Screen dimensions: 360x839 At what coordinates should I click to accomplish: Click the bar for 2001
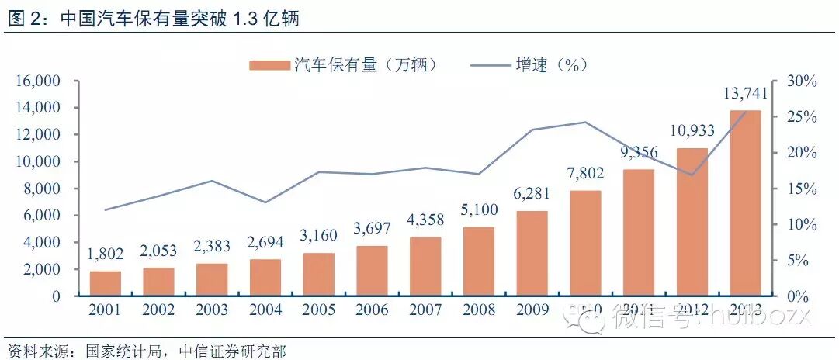pos(105,284)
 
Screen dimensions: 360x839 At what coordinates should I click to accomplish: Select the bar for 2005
pos(319,275)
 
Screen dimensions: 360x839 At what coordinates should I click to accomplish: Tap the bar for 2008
pos(479,261)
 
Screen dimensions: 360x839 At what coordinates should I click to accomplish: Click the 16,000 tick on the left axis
pos(38,81)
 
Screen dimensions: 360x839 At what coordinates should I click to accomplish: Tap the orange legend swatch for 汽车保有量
pos(269,65)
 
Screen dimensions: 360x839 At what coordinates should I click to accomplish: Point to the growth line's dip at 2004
pos(265,202)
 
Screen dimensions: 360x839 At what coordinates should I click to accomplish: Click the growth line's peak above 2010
pos(585,122)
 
